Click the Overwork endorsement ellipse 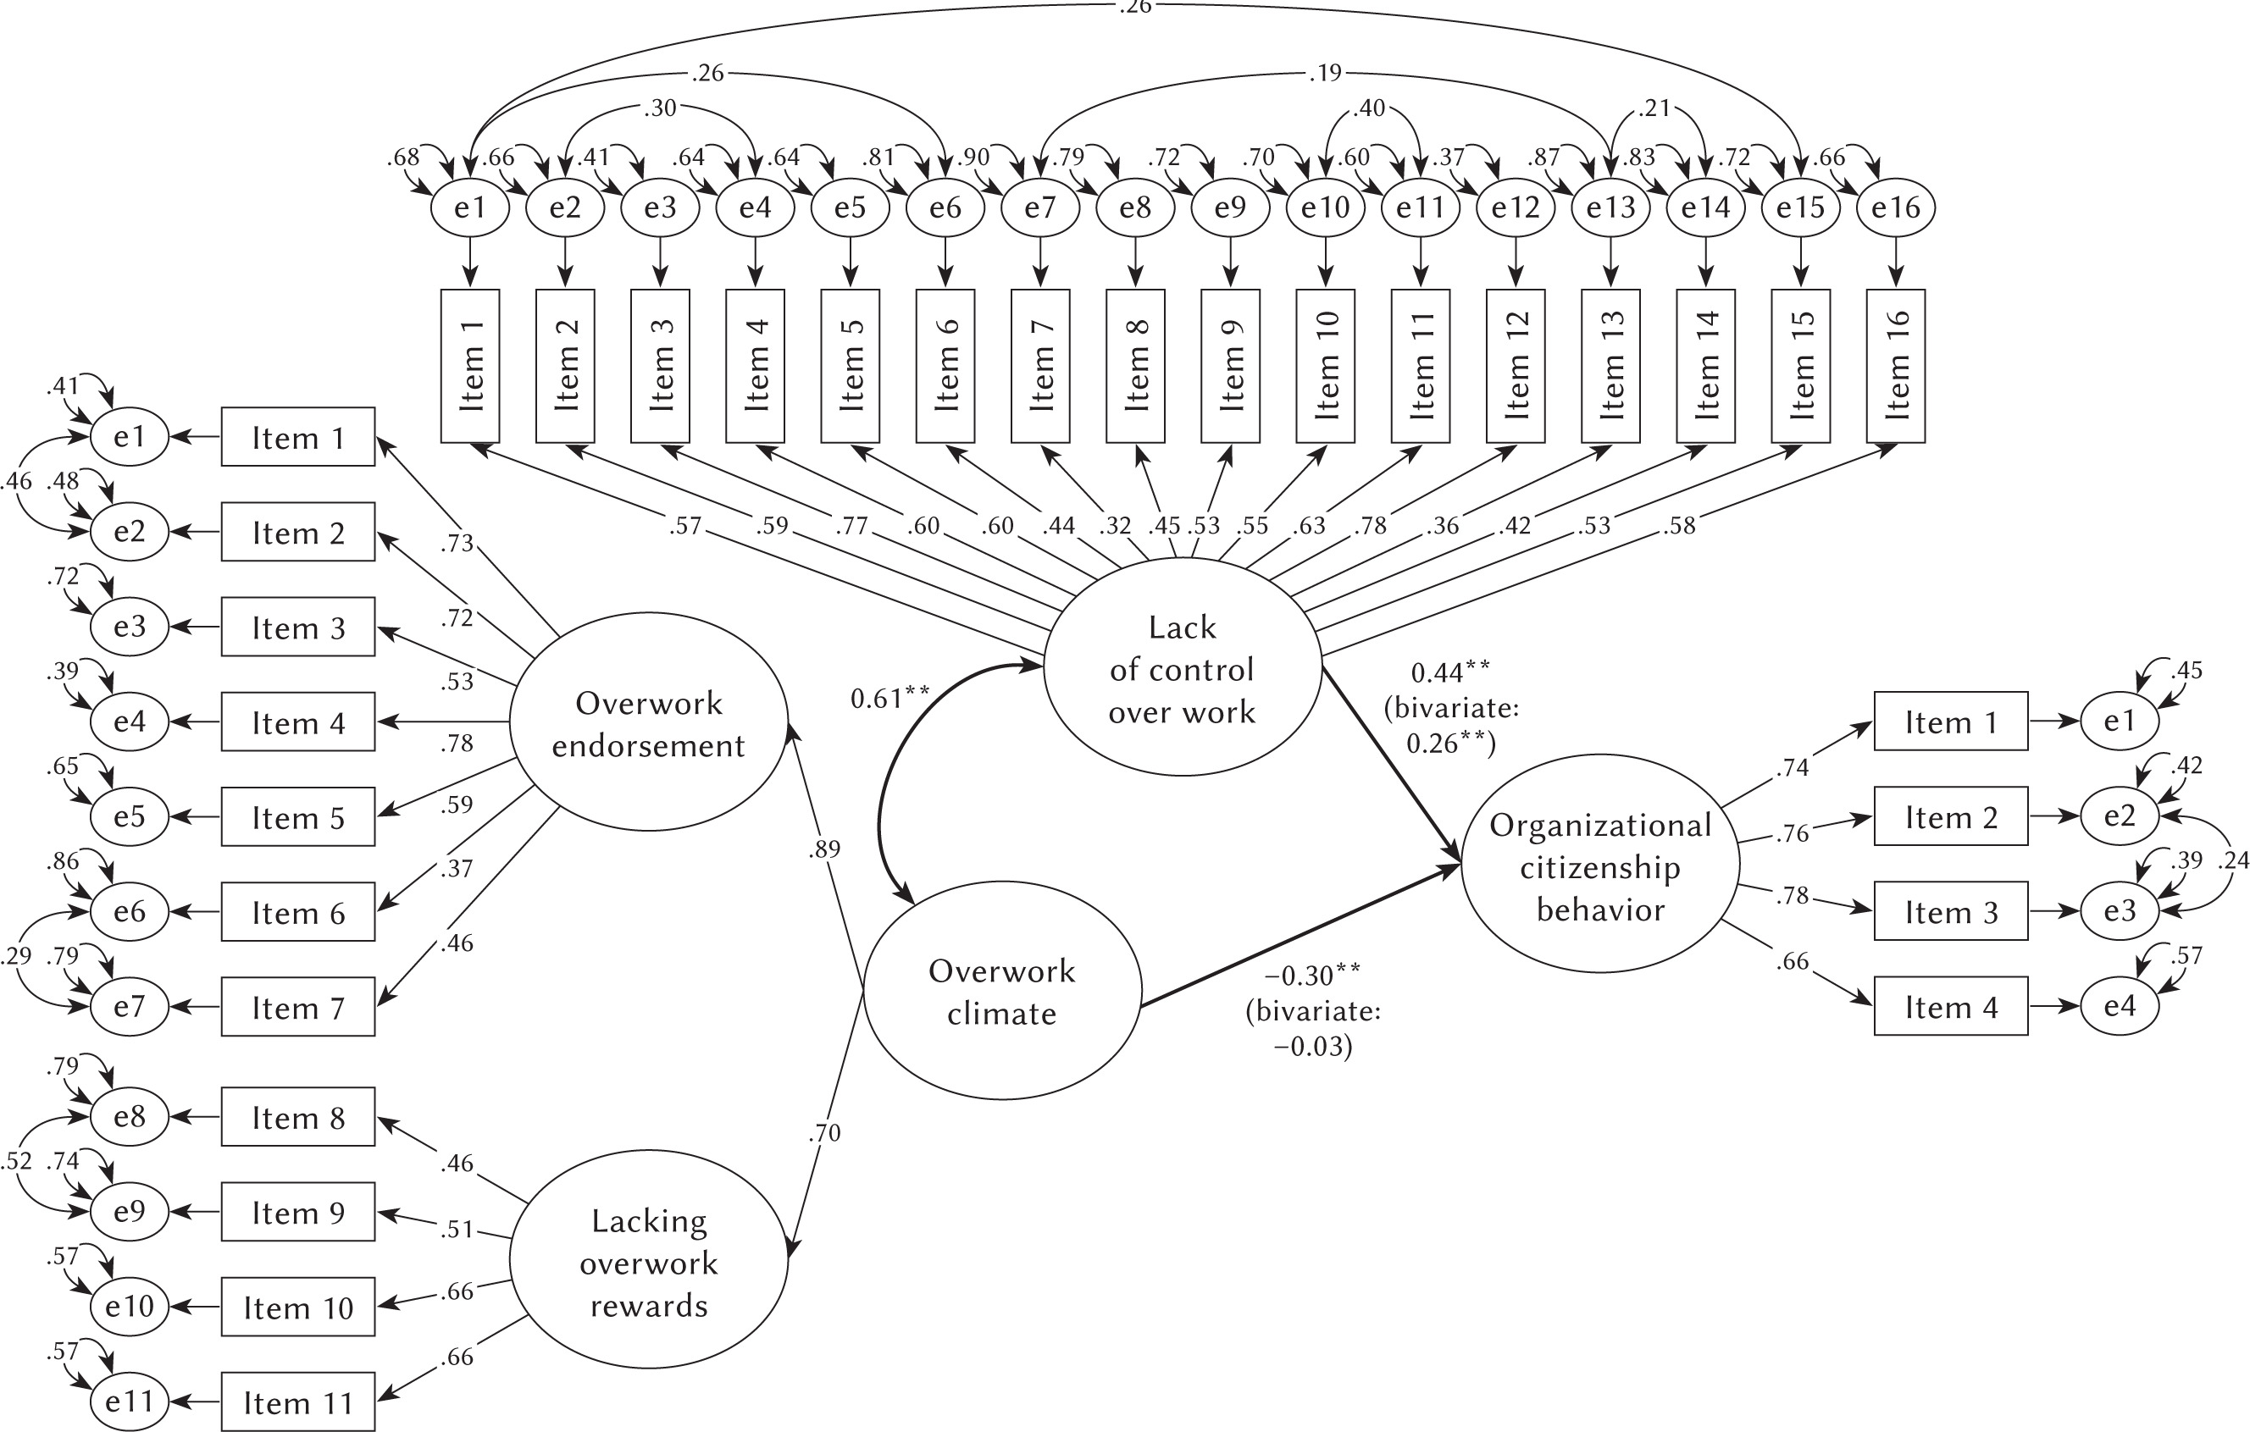pos(647,722)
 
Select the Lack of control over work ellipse pos(1182,667)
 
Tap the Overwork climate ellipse pos(1001,990)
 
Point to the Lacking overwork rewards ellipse pos(647,1262)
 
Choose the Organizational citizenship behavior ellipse pos(1599,865)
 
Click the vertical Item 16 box pos(1895,365)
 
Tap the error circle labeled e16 pos(1895,207)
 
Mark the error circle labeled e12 pos(1515,207)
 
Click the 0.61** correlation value pos(889,698)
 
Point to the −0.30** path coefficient pos(1312,976)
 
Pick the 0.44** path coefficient pos(1450,672)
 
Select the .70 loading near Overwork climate pos(824,1132)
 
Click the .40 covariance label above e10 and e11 pos(1370,108)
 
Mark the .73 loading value pos(457,543)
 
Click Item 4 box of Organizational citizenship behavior pos(1950,1006)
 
